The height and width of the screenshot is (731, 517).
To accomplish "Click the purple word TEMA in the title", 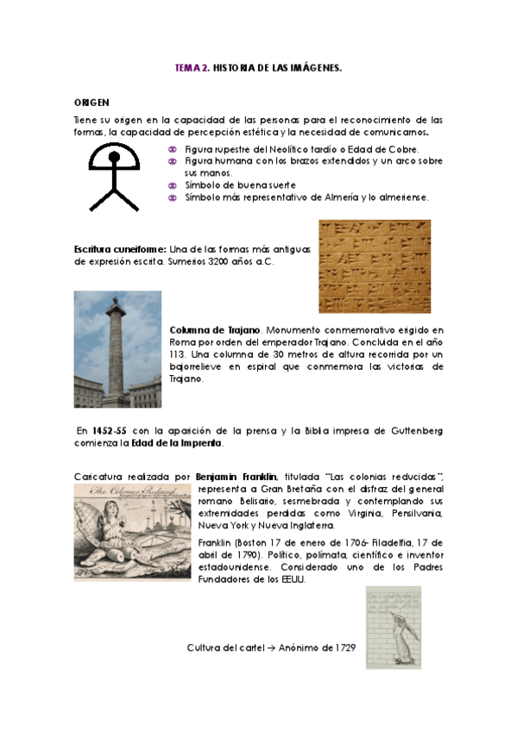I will point(186,66).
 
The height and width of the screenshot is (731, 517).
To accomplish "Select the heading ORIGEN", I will point(91,102).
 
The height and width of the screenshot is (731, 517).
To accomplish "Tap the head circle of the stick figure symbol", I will point(114,158).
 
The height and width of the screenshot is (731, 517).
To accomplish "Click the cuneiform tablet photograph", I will point(375,266).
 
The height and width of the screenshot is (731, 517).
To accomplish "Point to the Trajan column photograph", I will point(117,348).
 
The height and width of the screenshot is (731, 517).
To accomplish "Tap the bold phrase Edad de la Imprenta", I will point(189,443).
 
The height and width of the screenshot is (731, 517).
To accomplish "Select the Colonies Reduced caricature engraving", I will point(131,531).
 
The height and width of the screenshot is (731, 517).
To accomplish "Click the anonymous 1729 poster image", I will point(393,627).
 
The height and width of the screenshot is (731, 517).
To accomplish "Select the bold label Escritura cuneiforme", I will point(120,249).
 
